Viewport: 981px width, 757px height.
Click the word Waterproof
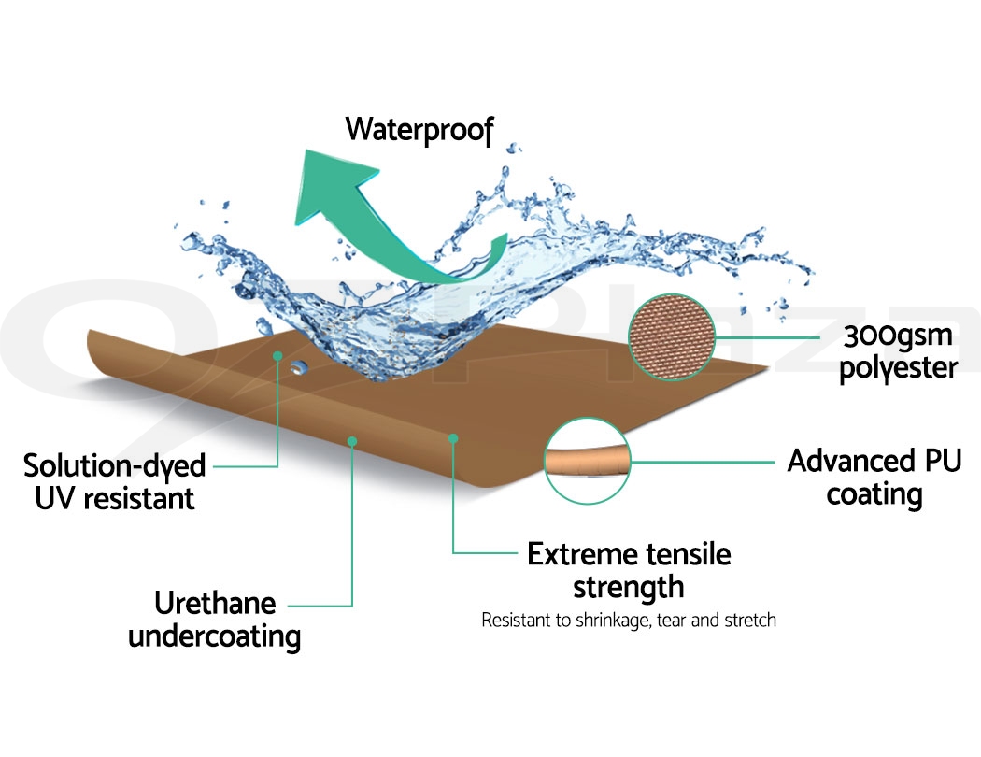(x=419, y=129)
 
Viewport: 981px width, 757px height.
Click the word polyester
(x=898, y=367)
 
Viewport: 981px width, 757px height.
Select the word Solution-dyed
(x=114, y=464)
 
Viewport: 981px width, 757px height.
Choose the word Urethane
(x=214, y=604)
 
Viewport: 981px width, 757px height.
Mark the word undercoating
(x=214, y=636)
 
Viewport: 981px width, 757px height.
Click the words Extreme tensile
(x=629, y=554)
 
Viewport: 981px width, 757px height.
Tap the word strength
(x=628, y=587)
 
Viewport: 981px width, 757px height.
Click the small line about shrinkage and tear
(x=628, y=621)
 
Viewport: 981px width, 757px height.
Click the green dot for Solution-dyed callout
(x=277, y=356)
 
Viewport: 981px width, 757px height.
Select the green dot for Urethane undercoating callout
(x=352, y=441)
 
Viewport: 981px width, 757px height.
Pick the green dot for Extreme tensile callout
(x=453, y=436)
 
